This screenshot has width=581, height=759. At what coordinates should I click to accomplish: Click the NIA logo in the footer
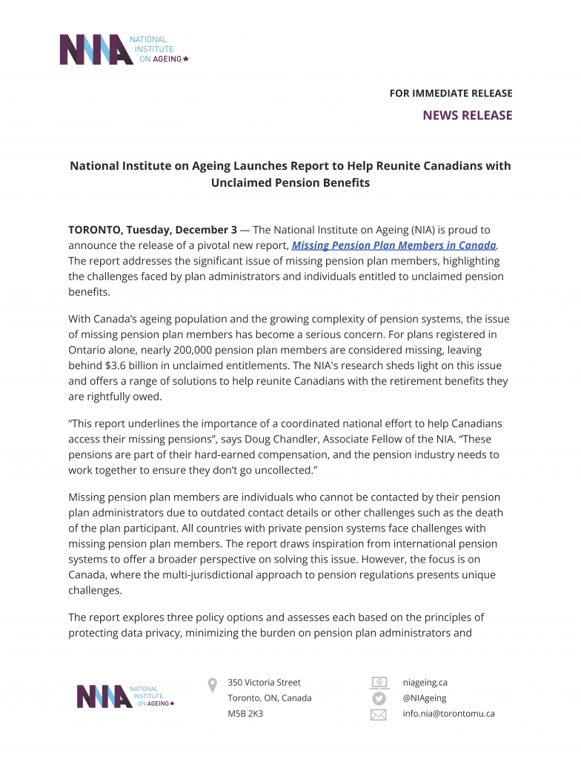125,696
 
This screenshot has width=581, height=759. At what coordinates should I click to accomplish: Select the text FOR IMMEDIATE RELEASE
451,93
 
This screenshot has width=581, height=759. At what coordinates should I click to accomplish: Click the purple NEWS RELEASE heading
467,115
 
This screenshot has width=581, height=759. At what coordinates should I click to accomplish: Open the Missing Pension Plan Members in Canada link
394,245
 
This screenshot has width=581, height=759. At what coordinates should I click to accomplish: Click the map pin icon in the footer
213,684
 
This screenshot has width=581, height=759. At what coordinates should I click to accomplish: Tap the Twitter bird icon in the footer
379,698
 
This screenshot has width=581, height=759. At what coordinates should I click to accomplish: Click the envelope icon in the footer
379,715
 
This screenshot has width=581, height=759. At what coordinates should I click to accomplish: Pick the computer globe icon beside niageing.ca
379,682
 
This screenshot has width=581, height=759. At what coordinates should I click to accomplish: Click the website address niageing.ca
425,682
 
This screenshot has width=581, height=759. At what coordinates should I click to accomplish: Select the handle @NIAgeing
425,698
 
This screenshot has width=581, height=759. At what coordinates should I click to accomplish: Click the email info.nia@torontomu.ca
448,714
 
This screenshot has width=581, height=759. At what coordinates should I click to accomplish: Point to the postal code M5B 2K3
245,714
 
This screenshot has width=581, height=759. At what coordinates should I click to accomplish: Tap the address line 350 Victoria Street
264,682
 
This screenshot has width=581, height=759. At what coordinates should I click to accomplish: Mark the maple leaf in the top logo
185,59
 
